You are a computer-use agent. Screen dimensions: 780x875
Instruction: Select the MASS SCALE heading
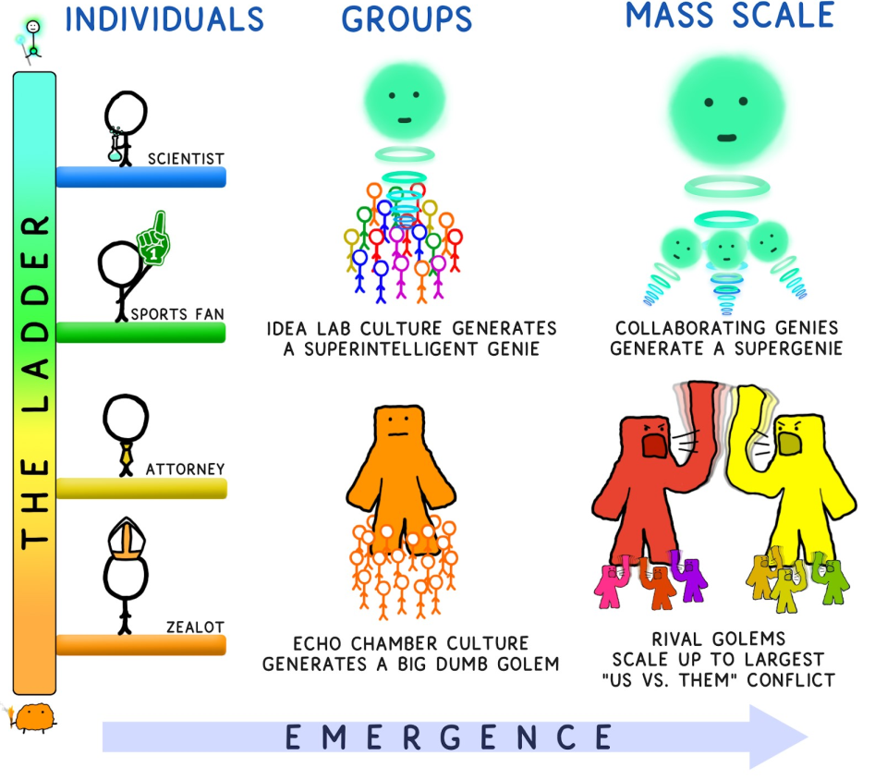730,16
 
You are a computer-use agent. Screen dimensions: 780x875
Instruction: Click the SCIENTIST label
186,158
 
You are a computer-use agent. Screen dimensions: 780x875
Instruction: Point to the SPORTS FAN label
177,314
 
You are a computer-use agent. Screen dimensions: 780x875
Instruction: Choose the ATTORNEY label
185,469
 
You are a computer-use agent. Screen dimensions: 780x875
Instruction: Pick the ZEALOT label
194,627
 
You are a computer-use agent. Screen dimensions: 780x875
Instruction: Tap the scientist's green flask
115,152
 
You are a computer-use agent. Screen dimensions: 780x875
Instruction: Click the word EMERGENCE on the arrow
448,737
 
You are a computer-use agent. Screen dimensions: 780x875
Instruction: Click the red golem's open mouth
654,445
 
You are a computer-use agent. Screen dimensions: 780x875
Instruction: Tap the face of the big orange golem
397,426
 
